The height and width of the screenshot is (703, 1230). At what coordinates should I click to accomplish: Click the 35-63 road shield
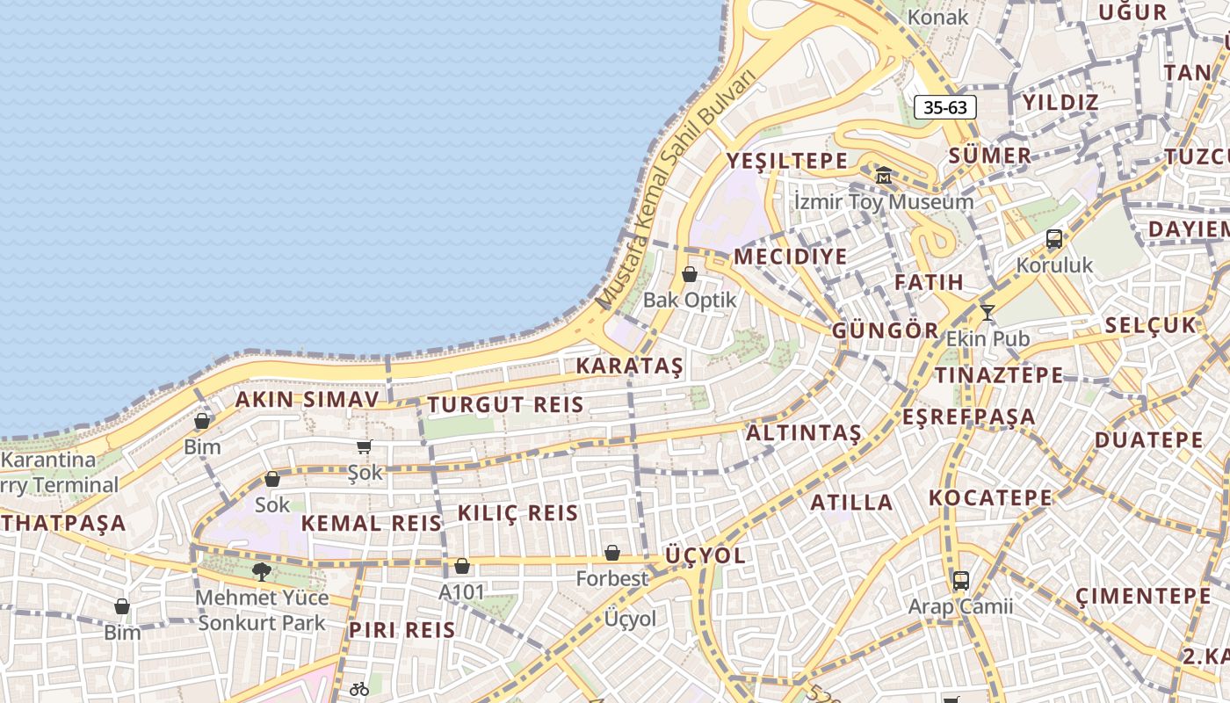tap(945, 107)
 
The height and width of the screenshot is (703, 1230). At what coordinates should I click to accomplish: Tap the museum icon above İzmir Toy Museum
tap(883, 175)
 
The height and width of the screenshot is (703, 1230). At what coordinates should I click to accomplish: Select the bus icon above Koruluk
tap(1053, 238)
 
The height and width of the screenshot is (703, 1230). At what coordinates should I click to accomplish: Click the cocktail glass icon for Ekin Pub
tap(988, 312)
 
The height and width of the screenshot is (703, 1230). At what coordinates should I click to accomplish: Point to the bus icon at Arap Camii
tap(960, 580)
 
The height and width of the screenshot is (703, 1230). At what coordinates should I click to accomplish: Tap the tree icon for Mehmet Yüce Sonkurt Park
tap(261, 572)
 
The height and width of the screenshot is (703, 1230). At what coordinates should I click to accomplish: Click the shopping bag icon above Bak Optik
tap(690, 274)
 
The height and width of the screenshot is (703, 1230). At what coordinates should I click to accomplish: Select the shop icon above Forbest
tap(612, 553)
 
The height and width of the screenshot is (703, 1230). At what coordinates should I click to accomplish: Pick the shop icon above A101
tap(461, 566)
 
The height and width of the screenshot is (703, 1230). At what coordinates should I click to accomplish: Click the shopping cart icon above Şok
tap(365, 446)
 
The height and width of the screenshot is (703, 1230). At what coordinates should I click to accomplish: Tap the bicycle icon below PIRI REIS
tap(358, 689)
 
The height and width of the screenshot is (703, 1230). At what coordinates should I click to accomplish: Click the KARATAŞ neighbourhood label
tap(629, 366)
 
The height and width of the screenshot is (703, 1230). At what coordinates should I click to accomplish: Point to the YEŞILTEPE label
tap(787, 161)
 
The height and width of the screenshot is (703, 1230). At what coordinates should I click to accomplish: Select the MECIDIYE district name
tap(791, 257)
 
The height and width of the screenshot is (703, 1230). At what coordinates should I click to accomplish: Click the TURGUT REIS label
tap(505, 405)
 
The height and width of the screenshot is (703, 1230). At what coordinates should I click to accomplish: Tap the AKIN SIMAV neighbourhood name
tap(307, 400)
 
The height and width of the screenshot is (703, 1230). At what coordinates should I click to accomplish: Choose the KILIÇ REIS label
tap(517, 513)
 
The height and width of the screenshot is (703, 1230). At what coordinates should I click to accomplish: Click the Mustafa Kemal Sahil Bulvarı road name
tap(676, 189)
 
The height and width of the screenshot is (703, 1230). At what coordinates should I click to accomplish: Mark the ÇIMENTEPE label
tap(1142, 597)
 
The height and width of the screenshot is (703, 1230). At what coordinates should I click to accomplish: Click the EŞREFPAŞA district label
tap(969, 417)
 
